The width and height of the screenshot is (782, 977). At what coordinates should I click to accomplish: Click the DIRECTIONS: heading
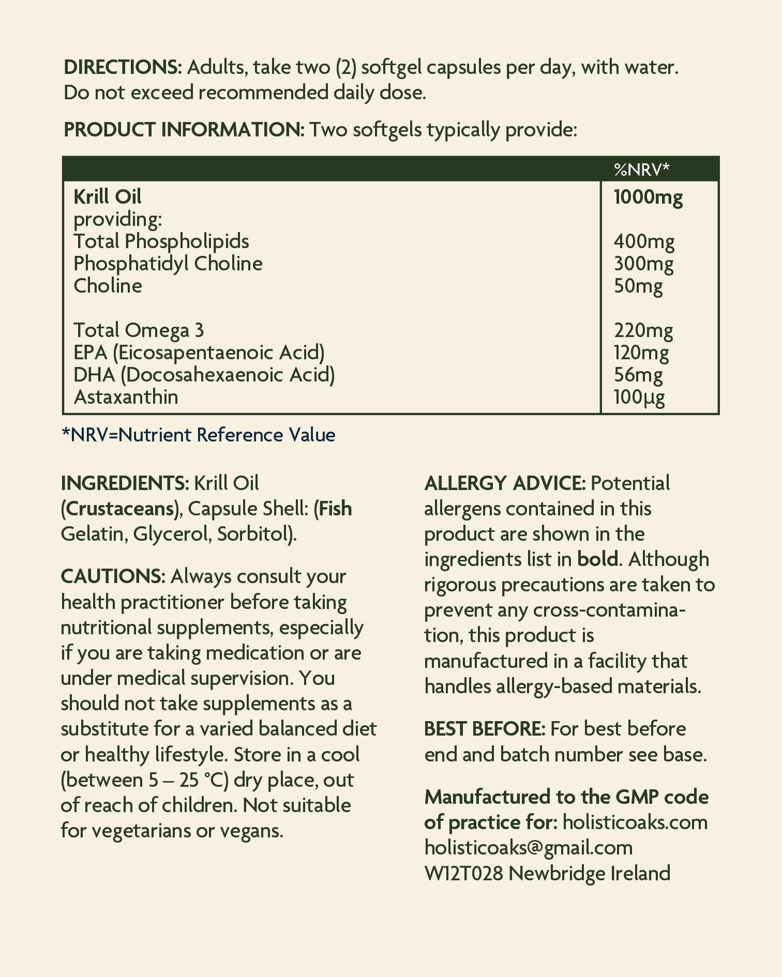pyautogui.click(x=122, y=67)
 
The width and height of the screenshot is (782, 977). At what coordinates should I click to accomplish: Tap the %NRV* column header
pyautogui.click(x=641, y=169)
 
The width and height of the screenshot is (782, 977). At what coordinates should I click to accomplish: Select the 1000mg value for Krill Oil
pyautogui.click(x=648, y=197)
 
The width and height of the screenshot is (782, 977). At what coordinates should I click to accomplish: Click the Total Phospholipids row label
pyautogui.click(x=161, y=241)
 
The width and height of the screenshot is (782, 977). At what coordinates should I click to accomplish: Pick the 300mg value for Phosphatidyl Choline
pyautogui.click(x=643, y=264)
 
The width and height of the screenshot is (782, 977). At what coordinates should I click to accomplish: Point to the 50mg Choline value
pyautogui.click(x=638, y=286)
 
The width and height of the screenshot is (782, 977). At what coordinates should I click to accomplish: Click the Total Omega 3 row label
pyautogui.click(x=139, y=330)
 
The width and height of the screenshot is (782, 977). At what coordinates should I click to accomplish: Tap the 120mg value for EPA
pyautogui.click(x=641, y=353)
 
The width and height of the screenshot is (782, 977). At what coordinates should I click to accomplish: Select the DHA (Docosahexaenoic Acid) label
pyautogui.click(x=204, y=375)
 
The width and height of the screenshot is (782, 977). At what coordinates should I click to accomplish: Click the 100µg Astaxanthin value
pyautogui.click(x=639, y=397)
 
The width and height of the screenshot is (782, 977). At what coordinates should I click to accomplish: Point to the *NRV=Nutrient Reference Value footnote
pyautogui.click(x=198, y=435)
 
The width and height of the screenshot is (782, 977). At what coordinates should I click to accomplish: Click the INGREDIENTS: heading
pyautogui.click(x=125, y=483)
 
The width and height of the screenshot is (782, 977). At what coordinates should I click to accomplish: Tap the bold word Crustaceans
pyautogui.click(x=119, y=509)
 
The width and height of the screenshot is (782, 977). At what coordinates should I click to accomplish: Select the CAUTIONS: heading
pyautogui.click(x=113, y=576)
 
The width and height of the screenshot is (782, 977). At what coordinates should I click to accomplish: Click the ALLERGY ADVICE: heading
pyautogui.click(x=505, y=483)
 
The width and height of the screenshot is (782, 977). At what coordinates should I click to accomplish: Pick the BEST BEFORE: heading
pyautogui.click(x=485, y=729)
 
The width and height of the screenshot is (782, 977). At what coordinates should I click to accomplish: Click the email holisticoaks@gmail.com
pyautogui.click(x=528, y=848)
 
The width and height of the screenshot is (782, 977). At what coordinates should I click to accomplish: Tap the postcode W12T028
pyautogui.click(x=463, y=874)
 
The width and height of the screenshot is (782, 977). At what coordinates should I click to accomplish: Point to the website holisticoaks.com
pyautogui.click(x=635, y=822)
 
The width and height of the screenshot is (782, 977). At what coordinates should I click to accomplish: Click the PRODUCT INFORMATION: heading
pyautogui.click(x=184, y=130)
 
